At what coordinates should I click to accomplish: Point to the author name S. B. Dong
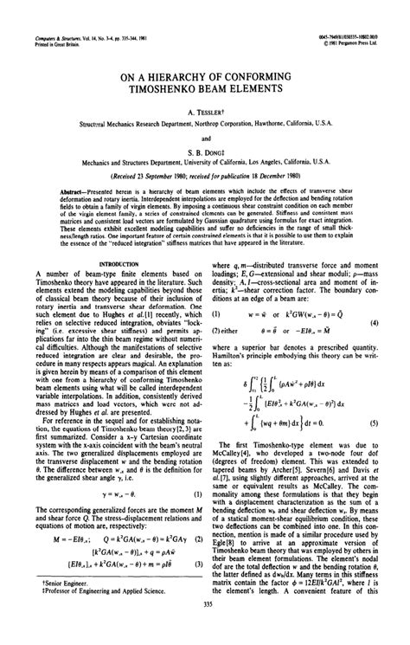pyautogui.click(x=205, y=148)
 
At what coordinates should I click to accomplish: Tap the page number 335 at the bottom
pyautogui.click(x=205, y=629)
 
